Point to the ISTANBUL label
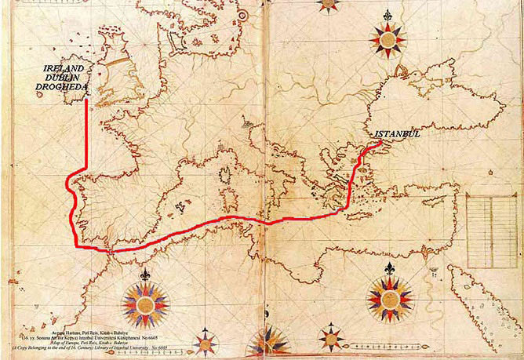tap(401, 134)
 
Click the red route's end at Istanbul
tap(380, 143)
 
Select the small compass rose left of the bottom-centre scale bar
tap(334, 340)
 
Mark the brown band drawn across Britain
tap(118, 60)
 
